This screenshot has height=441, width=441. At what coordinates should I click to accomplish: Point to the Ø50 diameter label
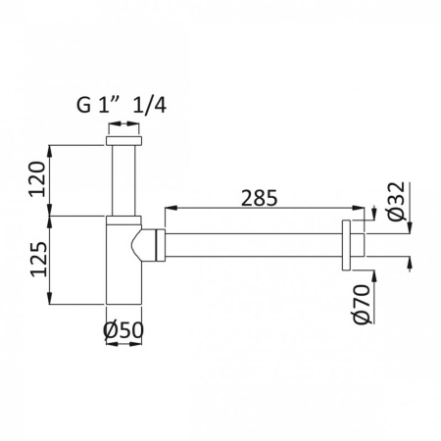[122, 331]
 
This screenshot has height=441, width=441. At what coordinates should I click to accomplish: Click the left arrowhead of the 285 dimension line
[169, 208]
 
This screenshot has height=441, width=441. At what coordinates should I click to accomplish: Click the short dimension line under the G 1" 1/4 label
[122, 124]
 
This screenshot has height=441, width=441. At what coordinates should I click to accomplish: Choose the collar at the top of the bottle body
[122, 220]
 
